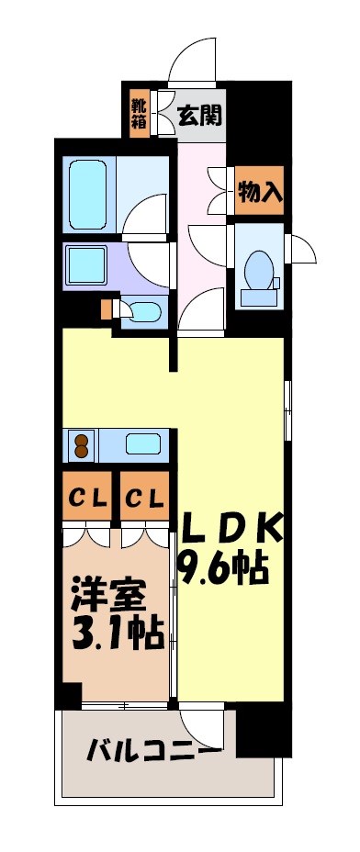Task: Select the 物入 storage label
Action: [x=259, y=192]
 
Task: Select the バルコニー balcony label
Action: [x=153, y=752]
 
